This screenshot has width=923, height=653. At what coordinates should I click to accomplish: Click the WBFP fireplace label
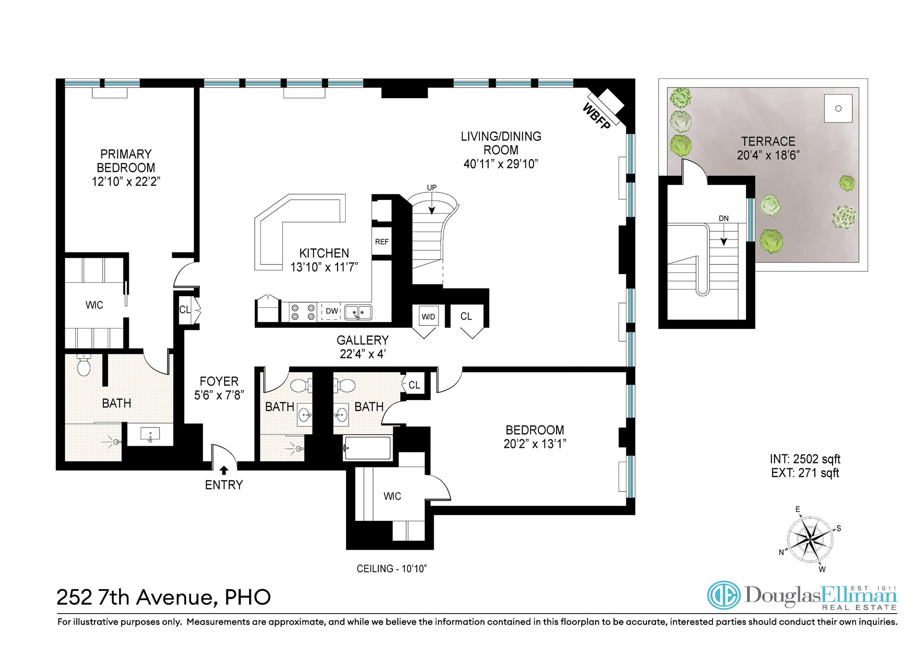click(596, 116)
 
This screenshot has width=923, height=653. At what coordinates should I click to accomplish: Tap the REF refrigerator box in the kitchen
click(382, 242)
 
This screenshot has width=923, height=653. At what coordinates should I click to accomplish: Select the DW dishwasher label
click(332, 311)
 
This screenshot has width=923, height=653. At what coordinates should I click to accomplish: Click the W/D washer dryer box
click(428, 316)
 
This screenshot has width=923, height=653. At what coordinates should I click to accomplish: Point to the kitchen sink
click(358, 312)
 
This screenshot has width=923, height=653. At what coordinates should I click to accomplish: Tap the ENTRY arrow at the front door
click(224, 470)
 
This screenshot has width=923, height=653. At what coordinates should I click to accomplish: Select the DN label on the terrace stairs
click(723, 218)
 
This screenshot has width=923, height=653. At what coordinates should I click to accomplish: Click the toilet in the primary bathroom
click(84, 365)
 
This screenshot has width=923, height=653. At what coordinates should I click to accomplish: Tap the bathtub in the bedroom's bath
click(367, 449)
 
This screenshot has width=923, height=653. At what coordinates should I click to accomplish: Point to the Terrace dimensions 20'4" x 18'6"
click(768, 155)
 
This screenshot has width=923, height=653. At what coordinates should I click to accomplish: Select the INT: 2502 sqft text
click(805, 459)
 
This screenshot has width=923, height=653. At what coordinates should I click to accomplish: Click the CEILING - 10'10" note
click(392, 569)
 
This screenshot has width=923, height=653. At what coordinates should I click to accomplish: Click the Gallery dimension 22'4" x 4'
click(362, 354)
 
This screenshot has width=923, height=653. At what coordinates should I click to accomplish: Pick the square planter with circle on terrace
click(838, 109)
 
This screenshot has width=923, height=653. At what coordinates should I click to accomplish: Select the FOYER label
click(219, 381)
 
